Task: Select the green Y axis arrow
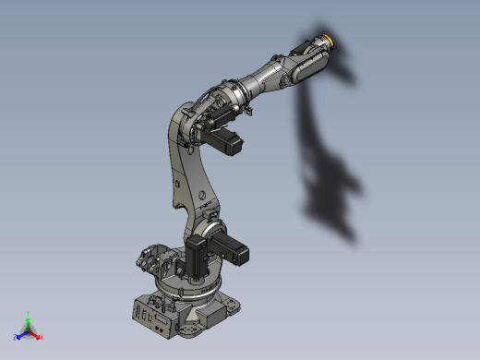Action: pos(29,320)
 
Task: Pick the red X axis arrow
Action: pos(35,334)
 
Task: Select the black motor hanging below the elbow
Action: pos(227,143)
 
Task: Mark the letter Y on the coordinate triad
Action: pos(30,314)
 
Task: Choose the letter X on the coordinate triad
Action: pos(41,337)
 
